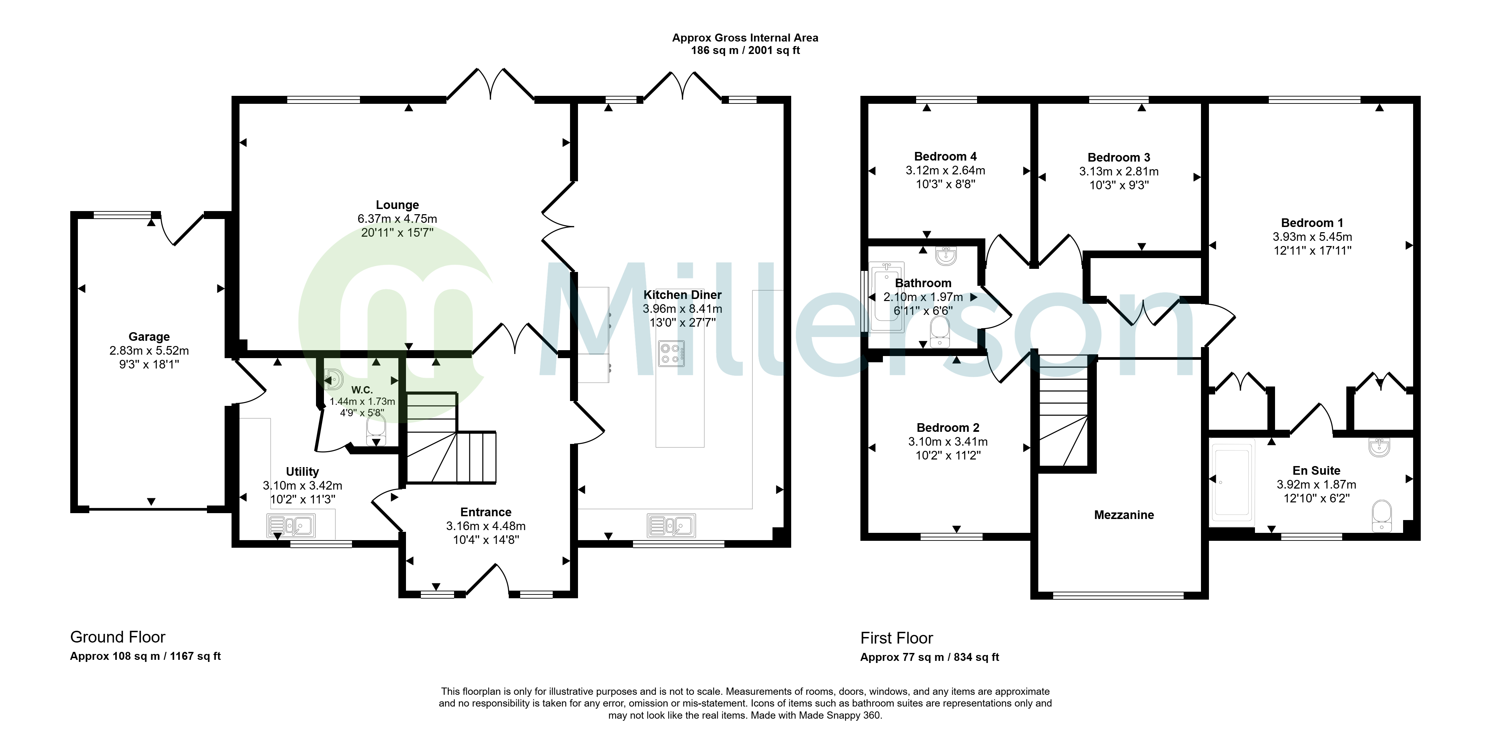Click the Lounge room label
tap(397, 205)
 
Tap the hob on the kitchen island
tap(671, 354)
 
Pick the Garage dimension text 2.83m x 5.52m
tap(149, 351)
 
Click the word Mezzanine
tap(1124, 515)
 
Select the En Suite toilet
tap(1382, 516)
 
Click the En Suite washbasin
tap(1380, 447)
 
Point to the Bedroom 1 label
tap(1312, 223)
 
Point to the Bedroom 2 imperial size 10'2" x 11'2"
tap(948, 455)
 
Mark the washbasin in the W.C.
tap(334, 380)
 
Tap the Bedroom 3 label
tap(1119, 157)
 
